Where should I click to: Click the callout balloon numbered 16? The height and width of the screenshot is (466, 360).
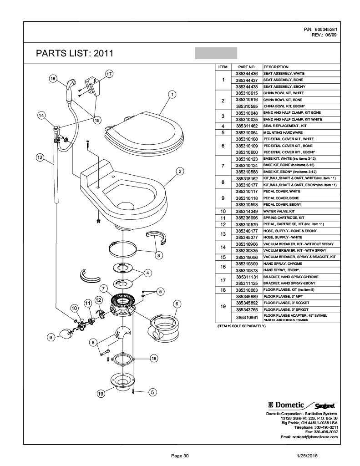(53, 78)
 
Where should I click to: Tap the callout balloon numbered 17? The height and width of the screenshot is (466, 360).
(109, 73)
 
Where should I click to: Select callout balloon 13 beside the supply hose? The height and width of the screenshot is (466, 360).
(40, 157)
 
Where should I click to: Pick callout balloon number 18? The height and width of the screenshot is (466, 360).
(154, 359)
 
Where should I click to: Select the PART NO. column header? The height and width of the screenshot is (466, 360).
(246, 66)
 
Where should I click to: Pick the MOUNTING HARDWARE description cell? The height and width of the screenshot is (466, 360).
(283, 132)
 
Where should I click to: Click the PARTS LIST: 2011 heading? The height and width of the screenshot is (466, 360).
(74, 54)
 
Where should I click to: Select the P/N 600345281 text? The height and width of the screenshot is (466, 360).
(320, 30)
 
